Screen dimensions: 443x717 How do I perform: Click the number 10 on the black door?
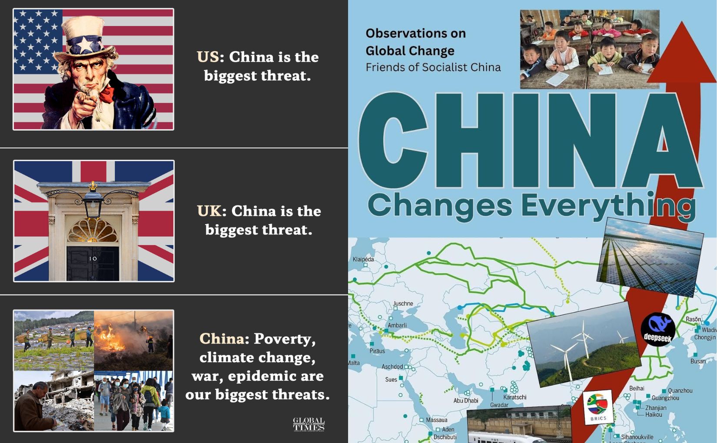pos(93,258)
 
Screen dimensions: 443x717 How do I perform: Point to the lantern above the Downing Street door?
pos(93,202)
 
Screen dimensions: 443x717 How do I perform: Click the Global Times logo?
pos(309,424)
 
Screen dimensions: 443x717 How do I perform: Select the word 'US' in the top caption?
pos(208,57)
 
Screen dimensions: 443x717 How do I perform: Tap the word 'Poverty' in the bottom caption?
pos(285,339)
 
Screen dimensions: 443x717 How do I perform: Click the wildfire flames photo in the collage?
pos(133,340)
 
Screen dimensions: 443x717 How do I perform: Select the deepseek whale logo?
pos(657,329)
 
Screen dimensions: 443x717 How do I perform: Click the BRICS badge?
pos(598,407)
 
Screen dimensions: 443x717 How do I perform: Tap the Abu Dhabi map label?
pos(466,400)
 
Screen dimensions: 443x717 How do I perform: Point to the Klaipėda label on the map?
pos(363,259)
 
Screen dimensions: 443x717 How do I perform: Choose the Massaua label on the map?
pos(436,420)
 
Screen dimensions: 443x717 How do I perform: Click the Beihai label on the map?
pos(637,388)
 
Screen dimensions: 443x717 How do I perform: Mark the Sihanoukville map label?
pos(637,437)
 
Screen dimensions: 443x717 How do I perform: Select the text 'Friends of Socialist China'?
pos(433,67)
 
